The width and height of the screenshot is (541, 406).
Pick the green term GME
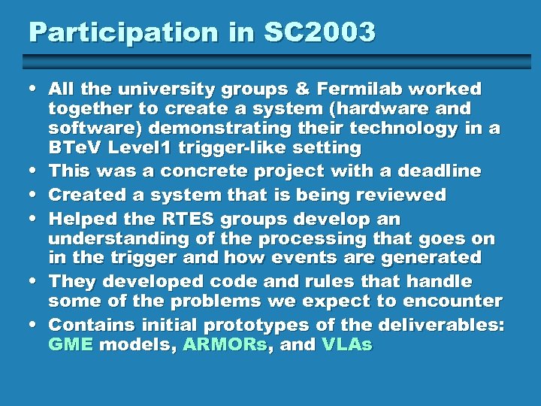[x=71, y=345]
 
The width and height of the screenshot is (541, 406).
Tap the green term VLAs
[x=346, y=345]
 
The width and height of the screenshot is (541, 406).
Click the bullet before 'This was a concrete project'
[x=35, y=171]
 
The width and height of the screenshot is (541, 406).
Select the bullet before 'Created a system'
[x=35, y=195]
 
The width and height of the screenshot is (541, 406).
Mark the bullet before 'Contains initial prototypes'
[x=35, y=326]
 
